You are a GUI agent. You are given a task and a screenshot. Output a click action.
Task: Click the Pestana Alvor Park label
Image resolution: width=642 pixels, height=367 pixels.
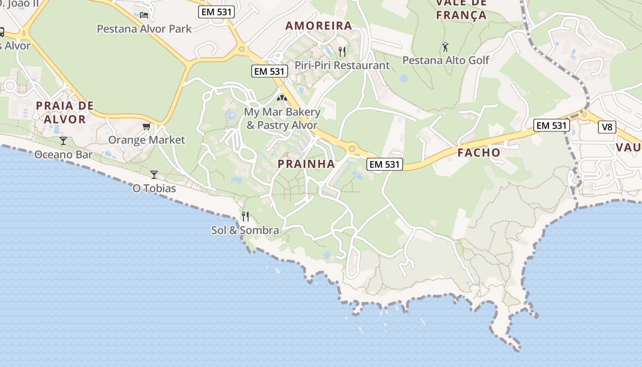tap(144, 29)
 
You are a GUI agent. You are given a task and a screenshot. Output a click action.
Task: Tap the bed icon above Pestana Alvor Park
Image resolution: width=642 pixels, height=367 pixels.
tap(144, 15)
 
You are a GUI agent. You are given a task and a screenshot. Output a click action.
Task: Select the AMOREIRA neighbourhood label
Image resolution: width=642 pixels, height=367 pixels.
tap(319, 26)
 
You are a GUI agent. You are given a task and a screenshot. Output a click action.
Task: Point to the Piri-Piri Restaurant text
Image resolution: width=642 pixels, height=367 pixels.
tap(342, 66)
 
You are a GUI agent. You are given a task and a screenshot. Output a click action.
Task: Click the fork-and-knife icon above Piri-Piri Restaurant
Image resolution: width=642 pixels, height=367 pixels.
tap(342, 51)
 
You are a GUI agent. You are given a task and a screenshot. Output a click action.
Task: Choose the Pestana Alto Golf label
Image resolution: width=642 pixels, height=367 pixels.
tap(446, 60)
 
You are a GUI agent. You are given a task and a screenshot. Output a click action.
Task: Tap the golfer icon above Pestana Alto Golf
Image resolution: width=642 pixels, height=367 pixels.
tap(445, 46)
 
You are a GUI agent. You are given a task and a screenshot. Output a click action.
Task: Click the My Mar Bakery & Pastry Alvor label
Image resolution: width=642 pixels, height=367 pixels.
tap(282, 118)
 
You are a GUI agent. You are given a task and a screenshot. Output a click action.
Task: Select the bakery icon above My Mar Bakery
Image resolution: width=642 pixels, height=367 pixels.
tap(282, 98)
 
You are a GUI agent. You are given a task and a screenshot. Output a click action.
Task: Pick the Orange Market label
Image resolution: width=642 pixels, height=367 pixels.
tap(147, 140)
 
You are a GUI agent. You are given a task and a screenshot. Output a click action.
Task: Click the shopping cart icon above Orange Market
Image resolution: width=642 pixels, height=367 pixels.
tap(146, 126)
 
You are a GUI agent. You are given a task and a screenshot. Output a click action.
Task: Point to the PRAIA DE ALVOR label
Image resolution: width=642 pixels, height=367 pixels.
tap(65, 112)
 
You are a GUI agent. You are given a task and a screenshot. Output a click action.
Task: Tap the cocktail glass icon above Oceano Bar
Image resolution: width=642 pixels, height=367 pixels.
tap(63, 140)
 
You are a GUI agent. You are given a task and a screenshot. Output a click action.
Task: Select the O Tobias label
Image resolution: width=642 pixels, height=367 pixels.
tap(154, 189)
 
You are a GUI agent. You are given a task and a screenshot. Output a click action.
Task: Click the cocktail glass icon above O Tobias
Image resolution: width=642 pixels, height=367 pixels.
tap(154, 174)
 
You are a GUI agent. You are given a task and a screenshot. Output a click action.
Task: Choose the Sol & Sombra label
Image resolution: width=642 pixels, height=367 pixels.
tap(245, 230)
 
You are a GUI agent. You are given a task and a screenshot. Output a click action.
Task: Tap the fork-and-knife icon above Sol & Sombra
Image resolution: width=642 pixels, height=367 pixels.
tap(245, 216)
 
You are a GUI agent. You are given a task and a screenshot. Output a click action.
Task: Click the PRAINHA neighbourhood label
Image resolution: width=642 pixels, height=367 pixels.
tap(306, 164)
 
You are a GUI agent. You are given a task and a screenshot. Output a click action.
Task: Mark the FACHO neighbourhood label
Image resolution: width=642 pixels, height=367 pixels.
tap(479, 153)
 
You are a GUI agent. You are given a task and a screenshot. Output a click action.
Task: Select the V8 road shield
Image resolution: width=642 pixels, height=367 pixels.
tap(607, 127)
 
